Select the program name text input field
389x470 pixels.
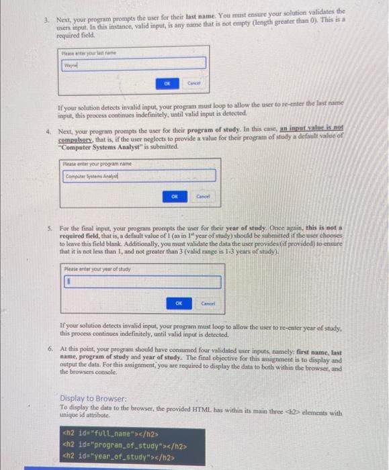[x=139, y=176]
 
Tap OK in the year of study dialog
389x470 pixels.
[x=179, y=303]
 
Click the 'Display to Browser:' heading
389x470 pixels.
[x=93, y=397]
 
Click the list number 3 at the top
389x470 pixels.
[x=46, y=12]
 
